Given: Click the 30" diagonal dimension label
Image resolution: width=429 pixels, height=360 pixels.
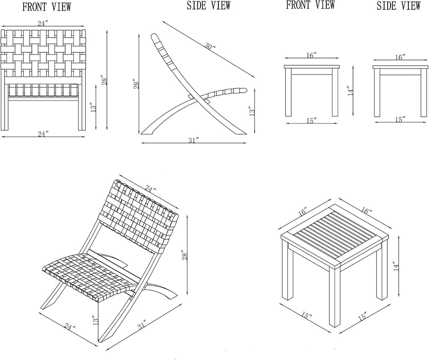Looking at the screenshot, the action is coord(210,47).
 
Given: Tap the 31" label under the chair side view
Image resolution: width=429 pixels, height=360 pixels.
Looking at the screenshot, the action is coord(193,140).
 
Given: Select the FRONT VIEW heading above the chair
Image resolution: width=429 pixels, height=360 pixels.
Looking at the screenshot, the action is coord(46,7).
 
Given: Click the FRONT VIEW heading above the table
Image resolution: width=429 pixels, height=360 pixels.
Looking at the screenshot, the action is coord(310,5).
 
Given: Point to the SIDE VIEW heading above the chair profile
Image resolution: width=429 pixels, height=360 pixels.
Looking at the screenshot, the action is coord(208,6).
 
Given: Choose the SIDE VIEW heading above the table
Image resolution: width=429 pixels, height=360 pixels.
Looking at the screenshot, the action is coord(399,6).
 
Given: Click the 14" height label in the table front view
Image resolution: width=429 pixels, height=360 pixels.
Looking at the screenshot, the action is coord(351,91).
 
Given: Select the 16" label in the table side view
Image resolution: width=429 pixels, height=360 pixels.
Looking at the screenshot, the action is coord(400,57).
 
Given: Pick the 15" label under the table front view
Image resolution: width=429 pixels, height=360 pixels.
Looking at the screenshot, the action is coord(311,121).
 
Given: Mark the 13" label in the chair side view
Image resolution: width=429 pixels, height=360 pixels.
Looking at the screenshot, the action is coord(252,112).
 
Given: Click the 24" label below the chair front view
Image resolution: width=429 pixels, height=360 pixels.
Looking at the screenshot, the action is coord(42,134).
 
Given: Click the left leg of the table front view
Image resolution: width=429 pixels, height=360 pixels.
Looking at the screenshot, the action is coord(288,92).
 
